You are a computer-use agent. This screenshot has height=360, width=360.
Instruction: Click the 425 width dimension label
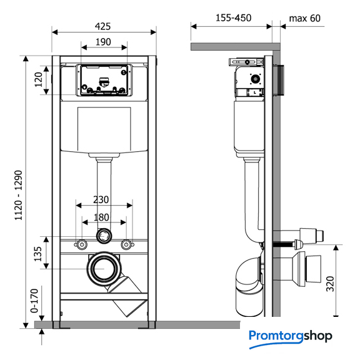[102, 26]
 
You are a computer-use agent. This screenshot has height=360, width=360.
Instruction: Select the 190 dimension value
[103, 42]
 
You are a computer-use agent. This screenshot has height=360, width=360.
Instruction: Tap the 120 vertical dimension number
[39, 79]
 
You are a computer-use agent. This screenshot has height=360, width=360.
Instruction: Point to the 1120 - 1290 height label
[18, 196]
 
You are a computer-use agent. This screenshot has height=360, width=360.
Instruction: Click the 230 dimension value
[101, 200]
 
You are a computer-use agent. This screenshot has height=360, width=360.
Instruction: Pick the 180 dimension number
[101, 217]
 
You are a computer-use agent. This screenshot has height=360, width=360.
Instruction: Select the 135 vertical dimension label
[38, 254]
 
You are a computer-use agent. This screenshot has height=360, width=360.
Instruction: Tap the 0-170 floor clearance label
[34, 301]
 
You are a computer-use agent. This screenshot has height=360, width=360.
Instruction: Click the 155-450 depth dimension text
[234, 18]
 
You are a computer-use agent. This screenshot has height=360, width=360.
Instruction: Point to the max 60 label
[304, 18]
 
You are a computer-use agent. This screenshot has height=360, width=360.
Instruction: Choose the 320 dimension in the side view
[330, 284]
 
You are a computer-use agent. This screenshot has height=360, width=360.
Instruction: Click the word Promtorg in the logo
[277, 336]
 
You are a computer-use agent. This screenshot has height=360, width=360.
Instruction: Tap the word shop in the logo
[318, 336]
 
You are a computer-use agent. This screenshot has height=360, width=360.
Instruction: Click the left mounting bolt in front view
[81, 245]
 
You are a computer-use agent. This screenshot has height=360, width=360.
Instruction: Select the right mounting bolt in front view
[126, 245]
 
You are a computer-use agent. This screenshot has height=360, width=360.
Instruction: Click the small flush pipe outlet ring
[104, 236]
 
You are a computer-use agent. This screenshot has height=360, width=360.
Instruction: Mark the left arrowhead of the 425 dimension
[54, 32]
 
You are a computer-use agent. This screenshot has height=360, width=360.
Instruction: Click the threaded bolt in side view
[284, 244]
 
